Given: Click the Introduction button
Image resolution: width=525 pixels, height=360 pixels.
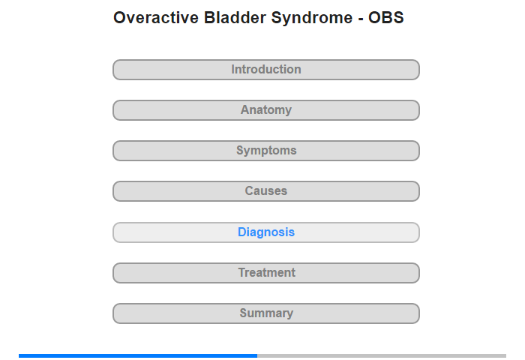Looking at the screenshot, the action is pyautogui.click(x=266, y=70).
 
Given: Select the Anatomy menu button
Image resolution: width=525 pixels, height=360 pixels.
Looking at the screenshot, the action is pyautogui.click(x=266, y=110).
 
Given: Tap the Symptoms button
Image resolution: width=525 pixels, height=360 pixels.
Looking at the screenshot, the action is pyautogui.click(x=266, y=151).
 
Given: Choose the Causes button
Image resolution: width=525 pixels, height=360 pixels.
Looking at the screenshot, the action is pyautogui.click(x=266, y=191).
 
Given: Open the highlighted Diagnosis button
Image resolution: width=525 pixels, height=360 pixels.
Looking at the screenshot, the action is pyautogui.click(x=266, y=232).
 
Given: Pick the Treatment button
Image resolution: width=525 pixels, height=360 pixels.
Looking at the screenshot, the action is pyautogui.click(x=266, y=273).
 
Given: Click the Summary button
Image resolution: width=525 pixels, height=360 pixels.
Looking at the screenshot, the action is pyautogui.click(x=266, y=313).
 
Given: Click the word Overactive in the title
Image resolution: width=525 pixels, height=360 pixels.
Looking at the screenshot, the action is pyautogui.click(x=156, y=18).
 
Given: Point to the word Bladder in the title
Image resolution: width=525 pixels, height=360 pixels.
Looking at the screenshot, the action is pyautogui.click(x=235, y=18).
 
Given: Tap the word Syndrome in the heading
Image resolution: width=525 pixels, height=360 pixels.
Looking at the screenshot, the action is pyautogui.click(x=312, y=18).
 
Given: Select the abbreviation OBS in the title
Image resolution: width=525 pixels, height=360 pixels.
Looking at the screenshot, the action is pyautogui.click(x=386, y=18).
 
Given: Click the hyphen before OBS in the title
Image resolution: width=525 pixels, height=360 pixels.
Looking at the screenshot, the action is pyautogui.click(x=361, y=19).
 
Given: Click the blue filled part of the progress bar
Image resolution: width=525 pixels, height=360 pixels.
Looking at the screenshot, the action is pyautogui.click(x=138, y=355).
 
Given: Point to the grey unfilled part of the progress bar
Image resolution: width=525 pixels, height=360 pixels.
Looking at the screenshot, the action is pyautogui.click(x=382, y=355).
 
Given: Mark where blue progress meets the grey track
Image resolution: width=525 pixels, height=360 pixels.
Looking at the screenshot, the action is pyautogui.click(x=257, y=355).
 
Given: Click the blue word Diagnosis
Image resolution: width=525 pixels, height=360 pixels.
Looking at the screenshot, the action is pyautogui.click(x=266, y=232).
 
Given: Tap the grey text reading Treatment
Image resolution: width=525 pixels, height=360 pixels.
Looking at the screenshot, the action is pyautogui.click(x=267, y=272).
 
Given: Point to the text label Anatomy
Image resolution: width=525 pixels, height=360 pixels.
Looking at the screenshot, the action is pyautogui.click(x=266, y=109).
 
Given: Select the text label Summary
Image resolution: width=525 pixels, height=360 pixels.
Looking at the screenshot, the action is pyautogui.click(x=266, y=313).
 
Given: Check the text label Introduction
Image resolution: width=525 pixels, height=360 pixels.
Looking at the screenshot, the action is pyautogui.click(x=266, y=69).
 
